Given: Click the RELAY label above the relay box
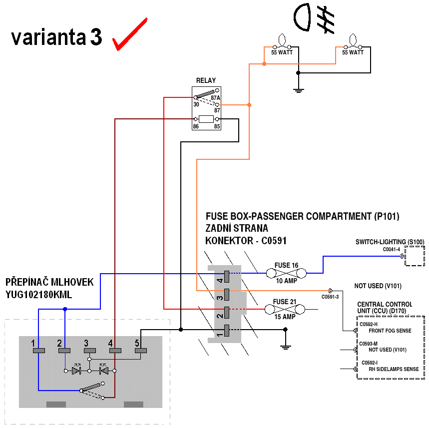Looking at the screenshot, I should tap(206, 80).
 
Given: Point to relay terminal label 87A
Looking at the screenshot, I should tap(215, 98).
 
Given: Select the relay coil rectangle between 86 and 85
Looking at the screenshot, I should tap(206, 119).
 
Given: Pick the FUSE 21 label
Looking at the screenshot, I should tap(284, 302).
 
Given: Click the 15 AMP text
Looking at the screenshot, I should tap(284, 317).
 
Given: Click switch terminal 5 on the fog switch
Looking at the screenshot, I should tap(140, 351).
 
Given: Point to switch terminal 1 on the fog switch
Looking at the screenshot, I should tap(38, 351).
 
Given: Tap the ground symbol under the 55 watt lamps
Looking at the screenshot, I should tap(298, 90).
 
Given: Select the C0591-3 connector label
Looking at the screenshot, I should tap(330, 297).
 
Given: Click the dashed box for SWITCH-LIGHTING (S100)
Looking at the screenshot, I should tap(414, 256).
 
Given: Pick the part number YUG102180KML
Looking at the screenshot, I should tap(38, 295).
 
